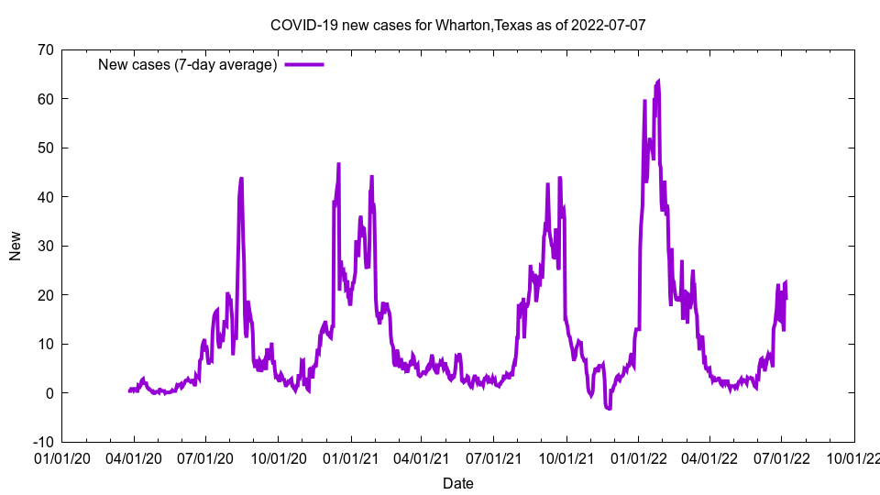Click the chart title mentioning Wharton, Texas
pos(457,25)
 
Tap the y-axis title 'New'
pos(16,246)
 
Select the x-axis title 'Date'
pos(457,483)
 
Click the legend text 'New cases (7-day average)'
pos(188,64)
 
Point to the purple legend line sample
pos(304,64)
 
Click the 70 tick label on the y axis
pos(45,49)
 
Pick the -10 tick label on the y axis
pos(42,442)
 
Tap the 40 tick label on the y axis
pos(45,197)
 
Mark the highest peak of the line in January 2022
pos(658,82)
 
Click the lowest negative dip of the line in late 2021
pos(608,409)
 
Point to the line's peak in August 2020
pos(241,179)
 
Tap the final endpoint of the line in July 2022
pos(786,299)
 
